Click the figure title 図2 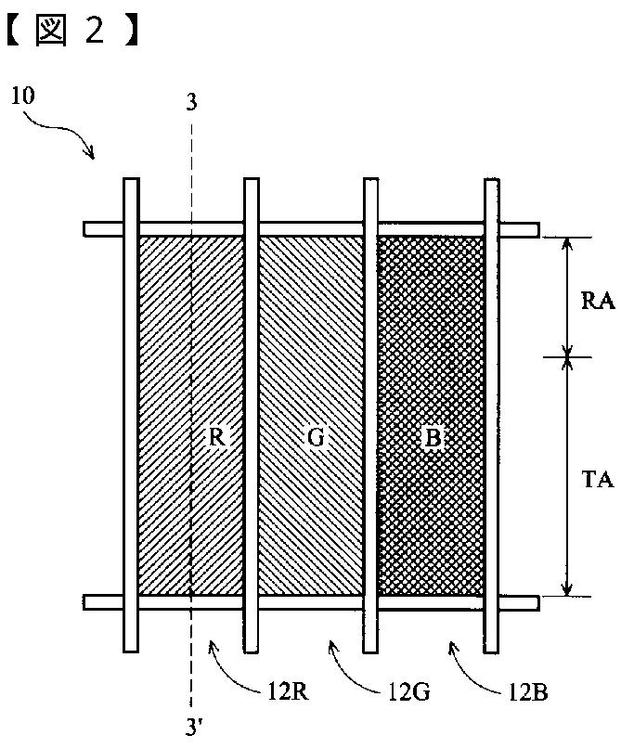tap(73, 31)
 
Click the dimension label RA tap(595, 302)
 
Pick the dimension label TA tap(595, 480)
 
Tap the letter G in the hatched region tap(316, 438)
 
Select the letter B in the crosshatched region tap(431, 438)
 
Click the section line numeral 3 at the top tap(191, 103)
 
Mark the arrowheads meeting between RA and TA tap(567, 355)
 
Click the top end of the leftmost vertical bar tap(131, 181)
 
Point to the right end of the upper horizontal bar tap(536, 228)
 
